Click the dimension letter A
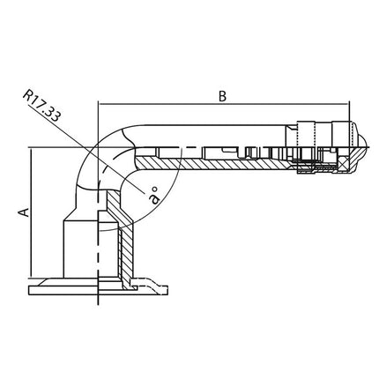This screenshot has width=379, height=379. click(x=26, y=211)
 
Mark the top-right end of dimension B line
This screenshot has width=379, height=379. click(x=353, y=105)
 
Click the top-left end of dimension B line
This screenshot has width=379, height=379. click(x=100, y=105)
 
